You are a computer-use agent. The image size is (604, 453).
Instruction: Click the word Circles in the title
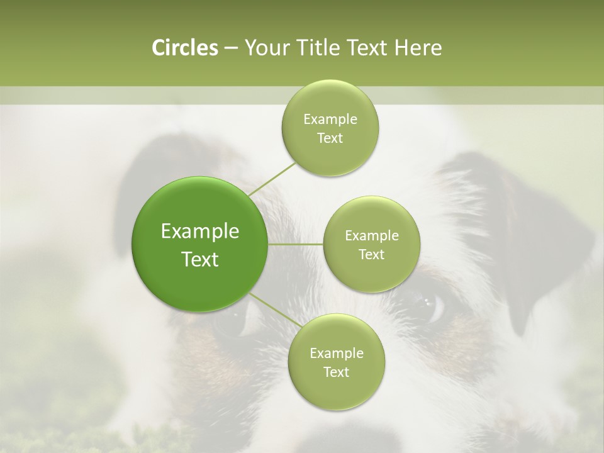click(184, 48)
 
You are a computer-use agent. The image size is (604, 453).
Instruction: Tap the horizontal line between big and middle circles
click(295, 244)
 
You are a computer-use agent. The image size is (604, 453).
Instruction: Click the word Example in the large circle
click(200, 232)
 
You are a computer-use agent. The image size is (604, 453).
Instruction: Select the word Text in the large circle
click(200, 259)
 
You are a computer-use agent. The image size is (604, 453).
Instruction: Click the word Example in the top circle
click(330, 120)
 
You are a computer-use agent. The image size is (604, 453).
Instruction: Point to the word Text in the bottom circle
click(336, 372)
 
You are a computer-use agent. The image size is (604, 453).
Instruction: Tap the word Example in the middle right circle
click(371, 236)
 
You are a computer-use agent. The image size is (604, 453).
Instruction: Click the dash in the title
click(230, 48)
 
